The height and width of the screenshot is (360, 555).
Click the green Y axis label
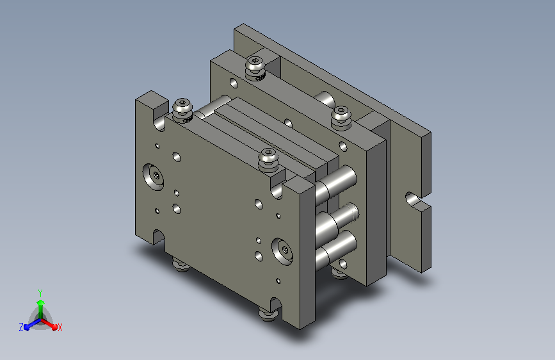40,293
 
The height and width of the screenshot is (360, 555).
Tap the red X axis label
60,327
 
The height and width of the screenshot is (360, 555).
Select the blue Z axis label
21,327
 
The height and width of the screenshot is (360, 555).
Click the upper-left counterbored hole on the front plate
153,176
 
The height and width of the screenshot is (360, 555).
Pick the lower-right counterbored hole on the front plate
282,251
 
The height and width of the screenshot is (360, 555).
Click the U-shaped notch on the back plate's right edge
414,200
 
